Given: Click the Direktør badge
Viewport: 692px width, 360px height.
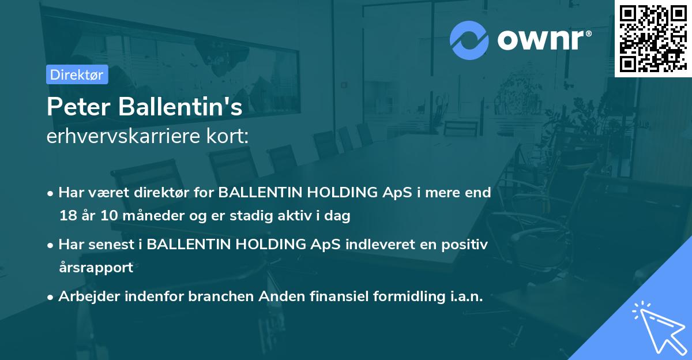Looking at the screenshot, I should point(77,74).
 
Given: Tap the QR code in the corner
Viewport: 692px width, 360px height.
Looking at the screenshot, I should point(653,39).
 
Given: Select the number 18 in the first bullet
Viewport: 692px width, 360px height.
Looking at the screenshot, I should point(67,216).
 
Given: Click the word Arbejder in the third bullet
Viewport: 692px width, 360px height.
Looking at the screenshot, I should point(85,297).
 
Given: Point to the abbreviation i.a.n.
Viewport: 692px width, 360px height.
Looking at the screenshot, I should point(464,297).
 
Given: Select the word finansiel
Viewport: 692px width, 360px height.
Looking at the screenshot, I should point(322,297).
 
